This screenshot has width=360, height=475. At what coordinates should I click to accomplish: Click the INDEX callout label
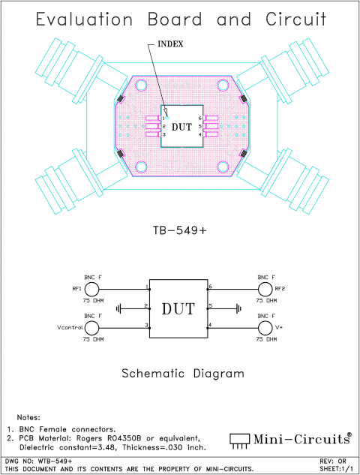tap(170, 44)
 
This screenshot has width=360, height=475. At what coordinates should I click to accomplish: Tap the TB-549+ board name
tap(180, 230)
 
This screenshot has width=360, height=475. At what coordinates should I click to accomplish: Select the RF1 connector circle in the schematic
tap(92, 289)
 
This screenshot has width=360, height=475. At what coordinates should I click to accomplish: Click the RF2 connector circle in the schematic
tap(264, 289)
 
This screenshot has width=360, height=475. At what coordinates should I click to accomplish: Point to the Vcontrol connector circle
tap(92, 328)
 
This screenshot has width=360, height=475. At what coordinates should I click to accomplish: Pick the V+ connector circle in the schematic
tap(264, 328)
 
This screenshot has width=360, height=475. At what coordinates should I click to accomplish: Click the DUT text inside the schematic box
tap(178, 308)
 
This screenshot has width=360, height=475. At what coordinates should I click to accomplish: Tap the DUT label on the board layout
tap(181, 127)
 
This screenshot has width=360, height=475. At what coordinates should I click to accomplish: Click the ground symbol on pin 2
tap(120, 308)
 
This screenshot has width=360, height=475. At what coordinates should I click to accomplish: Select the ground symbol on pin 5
tap(238, 308)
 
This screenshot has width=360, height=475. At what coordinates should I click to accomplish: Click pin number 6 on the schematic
tap(211, 287)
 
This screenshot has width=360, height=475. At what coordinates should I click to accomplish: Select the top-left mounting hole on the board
tap(140, 86)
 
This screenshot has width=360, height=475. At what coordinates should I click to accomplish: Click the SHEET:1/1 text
tap(337, 468)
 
